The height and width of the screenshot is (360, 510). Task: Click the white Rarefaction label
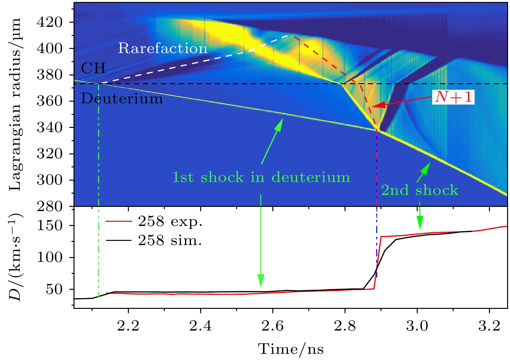click(x=163, y=49)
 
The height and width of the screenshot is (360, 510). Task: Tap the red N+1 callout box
click(x=453, y=97)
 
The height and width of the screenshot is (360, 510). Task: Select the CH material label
click(x=93, y=68)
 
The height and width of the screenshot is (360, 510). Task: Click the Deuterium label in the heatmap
click(x=122, y=98)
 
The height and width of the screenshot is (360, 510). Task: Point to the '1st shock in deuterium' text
click(x=261, y=177)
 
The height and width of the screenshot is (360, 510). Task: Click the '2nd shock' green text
click(x=420, y=190)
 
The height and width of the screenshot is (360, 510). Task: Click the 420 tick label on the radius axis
click(x=50, y=22)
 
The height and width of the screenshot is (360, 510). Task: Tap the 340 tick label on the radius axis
click(x=50, y=128)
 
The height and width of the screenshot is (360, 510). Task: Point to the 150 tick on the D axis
click(x=50, y=226)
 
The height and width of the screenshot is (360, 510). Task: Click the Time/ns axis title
click(x=291, y=349)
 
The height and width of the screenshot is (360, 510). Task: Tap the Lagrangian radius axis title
click(x=15, y=104)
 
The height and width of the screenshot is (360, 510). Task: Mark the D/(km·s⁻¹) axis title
click(x=15, y=257)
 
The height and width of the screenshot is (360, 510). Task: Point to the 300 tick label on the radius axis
click(x=50, y=180)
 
